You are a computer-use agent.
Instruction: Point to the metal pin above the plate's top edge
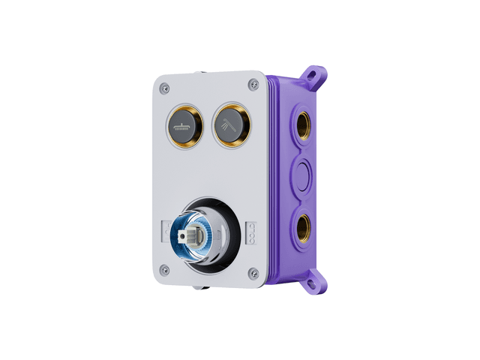tap(199, 73)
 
